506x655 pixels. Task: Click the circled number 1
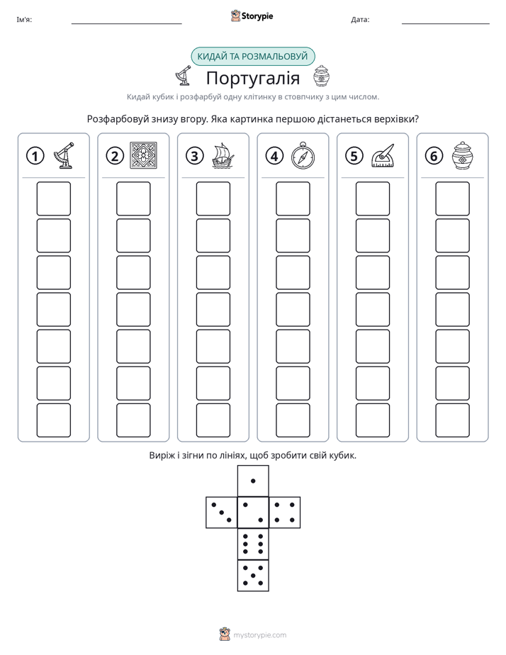[35, 156]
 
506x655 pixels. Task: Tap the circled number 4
[274, 156]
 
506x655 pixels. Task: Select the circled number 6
[434, 156]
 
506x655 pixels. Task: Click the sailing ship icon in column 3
[223, 156]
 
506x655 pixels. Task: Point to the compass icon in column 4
[303, 155]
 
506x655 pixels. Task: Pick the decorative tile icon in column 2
[144, 155]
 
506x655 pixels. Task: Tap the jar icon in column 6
[463, 155]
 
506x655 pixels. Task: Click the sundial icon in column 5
[383, 156]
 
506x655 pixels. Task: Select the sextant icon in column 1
[64, 155]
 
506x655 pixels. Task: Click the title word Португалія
[253, 78]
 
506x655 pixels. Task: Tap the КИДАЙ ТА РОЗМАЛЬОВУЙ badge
[253, 57]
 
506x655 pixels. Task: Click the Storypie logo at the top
[252, 16]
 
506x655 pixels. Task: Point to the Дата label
[360, 20]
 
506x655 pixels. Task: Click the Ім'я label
[24, 20]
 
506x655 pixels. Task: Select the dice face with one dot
[253, 481]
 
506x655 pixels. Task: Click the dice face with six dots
[253, 544]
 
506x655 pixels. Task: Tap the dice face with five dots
[253, 576]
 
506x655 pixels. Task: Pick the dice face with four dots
[285, 513]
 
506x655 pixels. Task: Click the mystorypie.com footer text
[259, 635]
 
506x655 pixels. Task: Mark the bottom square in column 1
[53, 420]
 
